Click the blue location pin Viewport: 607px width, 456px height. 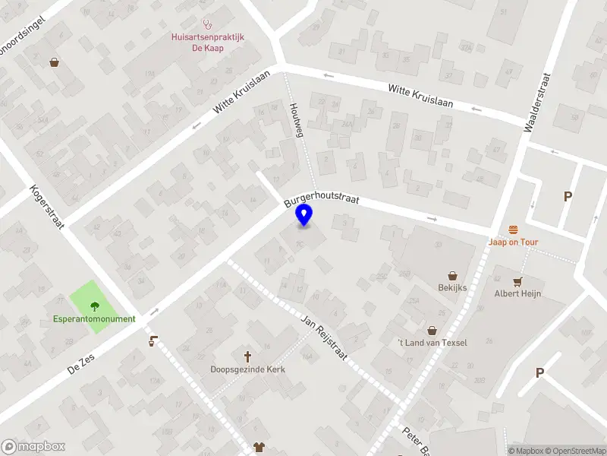[x=304, y=215]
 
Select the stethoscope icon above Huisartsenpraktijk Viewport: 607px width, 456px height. [x=207, y=24]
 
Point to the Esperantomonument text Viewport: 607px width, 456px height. [x=94, y=319]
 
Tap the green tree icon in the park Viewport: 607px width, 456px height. [x=94, y=306]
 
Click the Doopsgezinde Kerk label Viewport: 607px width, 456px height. [x=248, y=369]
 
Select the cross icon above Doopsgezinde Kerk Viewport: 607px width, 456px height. [x=247, y=356]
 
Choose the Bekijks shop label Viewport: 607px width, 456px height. [x=453, y=290]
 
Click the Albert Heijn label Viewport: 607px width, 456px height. [x=517, y=294]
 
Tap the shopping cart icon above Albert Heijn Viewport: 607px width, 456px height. [x=517, y=280]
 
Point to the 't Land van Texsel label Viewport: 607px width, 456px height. [x=432, y=343]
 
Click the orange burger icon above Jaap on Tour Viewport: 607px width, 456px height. [x=514, y=230]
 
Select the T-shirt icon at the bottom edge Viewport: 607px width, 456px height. [x=260, y=448]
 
